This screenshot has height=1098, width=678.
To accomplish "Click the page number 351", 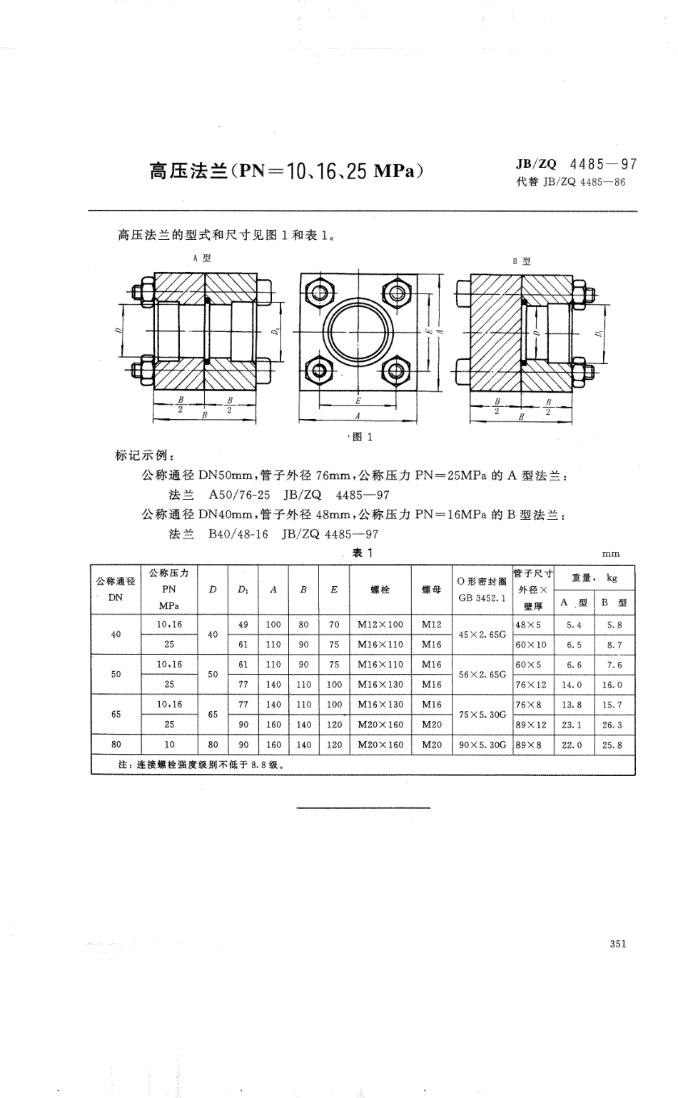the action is tap(618, 943).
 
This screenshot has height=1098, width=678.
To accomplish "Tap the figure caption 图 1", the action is tap(363, 438).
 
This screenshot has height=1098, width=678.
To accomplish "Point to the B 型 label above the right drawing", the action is tap(522, 261).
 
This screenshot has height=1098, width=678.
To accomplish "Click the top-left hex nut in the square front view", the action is tap(319, 293).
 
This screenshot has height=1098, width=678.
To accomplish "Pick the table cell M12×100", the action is tap(380, 624).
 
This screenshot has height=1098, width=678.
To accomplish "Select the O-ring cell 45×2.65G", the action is tap(482, 634).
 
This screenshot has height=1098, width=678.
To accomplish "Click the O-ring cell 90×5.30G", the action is tap(482, 745).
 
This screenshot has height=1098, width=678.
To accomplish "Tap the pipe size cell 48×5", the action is tap(528, 624).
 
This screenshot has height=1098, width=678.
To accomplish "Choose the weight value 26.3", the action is tap(612, 725).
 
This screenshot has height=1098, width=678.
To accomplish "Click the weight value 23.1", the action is tap(574, 725).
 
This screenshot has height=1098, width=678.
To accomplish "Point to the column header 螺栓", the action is tap(380, 590).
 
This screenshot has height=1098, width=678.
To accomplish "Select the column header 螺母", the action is tap(432, 590).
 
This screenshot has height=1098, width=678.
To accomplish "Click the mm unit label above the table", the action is tap(611, 553).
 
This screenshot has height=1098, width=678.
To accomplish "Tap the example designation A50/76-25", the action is tap(239, 494).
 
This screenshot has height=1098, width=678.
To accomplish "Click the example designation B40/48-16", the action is tap(238, 534).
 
